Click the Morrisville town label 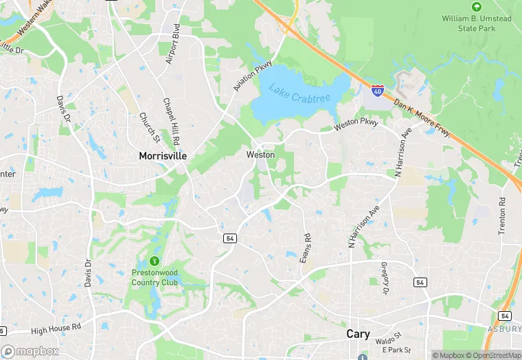point(163,156)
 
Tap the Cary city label point(357,335)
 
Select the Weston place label point(260,155)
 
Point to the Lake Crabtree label point(295,93)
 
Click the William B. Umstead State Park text point(476,23)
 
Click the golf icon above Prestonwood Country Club point(155,261)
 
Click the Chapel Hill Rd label point(170,120)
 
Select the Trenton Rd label point(503,217)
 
